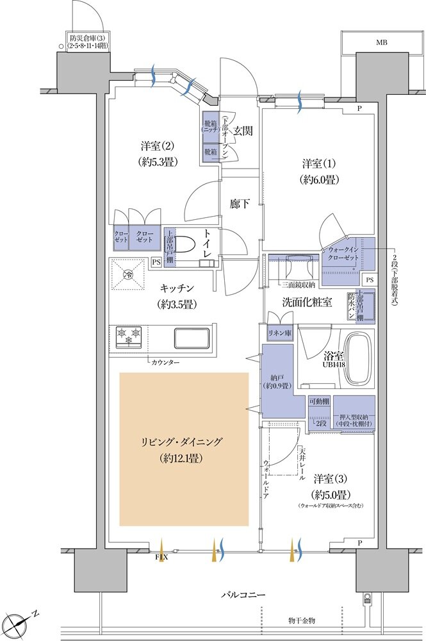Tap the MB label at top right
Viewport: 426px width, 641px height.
click(382, 43)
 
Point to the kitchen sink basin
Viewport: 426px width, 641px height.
click(191, 338)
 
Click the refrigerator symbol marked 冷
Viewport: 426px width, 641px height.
click(129, 276)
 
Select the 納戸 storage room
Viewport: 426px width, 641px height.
click(277, 381)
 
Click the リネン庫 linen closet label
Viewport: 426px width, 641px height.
click(279, 334)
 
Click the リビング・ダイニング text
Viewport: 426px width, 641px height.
click(183, 443)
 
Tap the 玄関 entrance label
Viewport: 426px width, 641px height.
click(243, 131)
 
